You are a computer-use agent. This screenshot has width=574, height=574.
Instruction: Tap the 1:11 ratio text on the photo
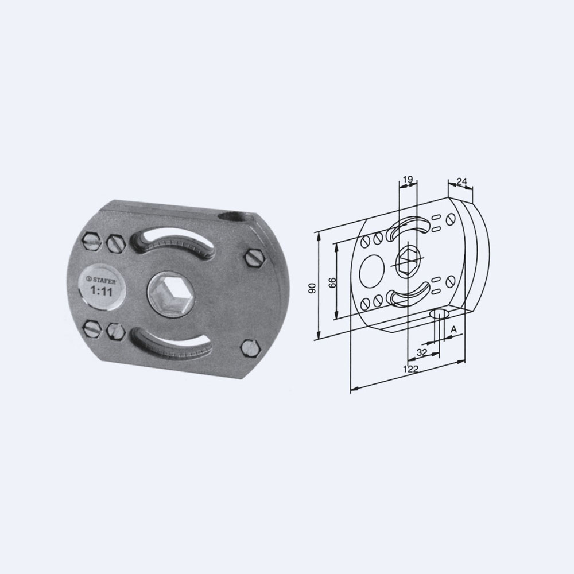102,292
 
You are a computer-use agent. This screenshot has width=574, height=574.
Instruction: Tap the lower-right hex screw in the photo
250,348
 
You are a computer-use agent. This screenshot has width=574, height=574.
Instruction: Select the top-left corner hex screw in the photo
91,241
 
